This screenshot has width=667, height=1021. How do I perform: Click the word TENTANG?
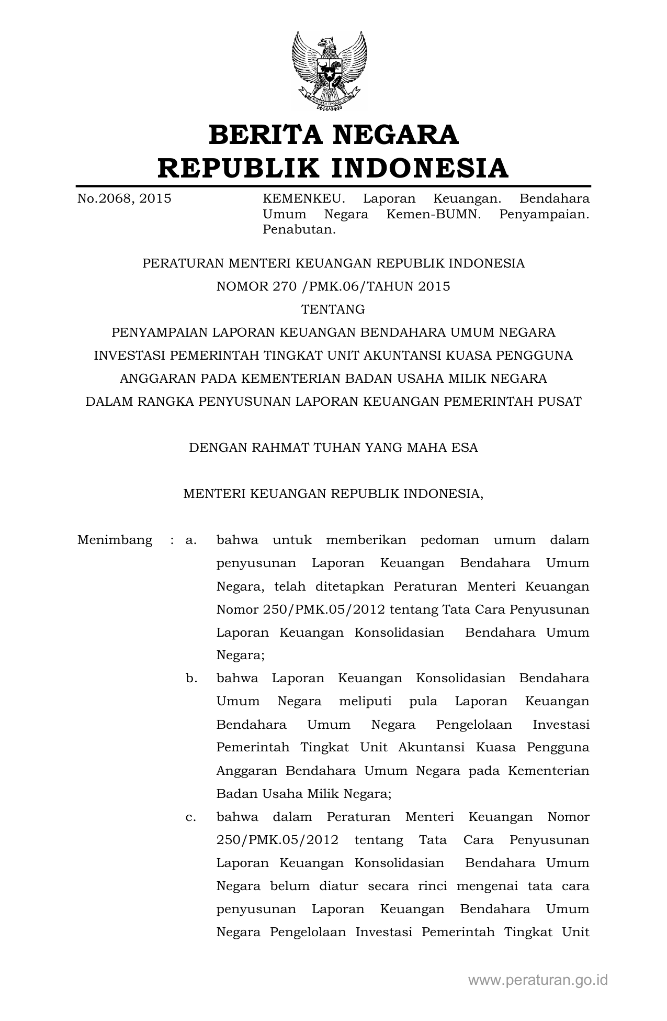[x=333, y=309]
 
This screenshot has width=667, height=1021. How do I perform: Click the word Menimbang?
[x=115, y=540]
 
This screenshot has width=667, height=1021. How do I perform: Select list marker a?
[x=191, y=540]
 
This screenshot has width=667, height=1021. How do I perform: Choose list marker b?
[x=191, y=679]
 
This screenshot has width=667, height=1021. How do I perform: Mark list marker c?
[x=191, y=817]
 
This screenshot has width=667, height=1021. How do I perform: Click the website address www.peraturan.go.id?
[x=538, y=980]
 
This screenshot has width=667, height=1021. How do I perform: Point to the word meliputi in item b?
[x=365, y=702]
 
